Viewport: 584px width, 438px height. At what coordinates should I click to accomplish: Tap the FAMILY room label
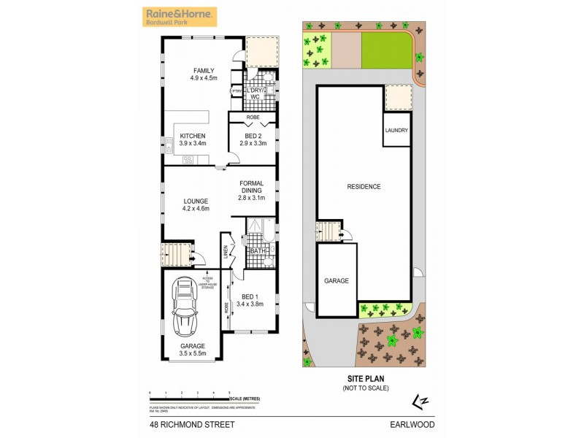point(204,71)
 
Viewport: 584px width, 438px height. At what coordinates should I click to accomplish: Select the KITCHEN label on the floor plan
point(193,136)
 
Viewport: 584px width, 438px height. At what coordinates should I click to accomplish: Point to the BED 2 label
point(253,136)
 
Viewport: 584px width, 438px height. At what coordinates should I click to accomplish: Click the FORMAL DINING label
point(250,187)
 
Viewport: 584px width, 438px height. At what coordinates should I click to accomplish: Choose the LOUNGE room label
point(196,201)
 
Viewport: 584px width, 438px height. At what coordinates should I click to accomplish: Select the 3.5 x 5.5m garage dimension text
point(193,354)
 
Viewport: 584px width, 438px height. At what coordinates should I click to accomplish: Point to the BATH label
point(257,252)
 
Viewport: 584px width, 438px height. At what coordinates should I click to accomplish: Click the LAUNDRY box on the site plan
point(396,130)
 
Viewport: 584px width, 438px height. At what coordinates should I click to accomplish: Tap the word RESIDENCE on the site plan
point(364,187)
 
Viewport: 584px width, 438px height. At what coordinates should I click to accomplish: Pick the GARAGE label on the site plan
point(337,280)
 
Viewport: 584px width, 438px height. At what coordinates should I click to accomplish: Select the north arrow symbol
point(419,400)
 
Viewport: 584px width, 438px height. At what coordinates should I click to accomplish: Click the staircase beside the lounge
point(174,255)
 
